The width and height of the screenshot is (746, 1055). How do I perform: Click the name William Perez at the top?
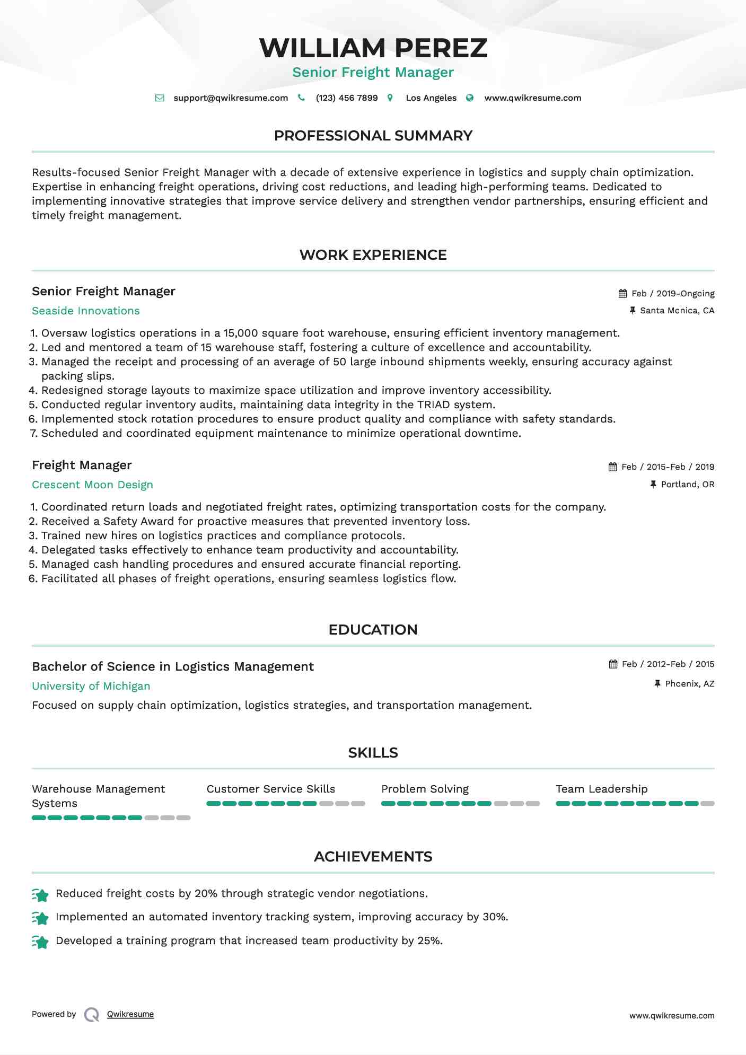[x=373, y=48]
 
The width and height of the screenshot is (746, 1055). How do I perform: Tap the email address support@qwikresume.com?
[x=231, y=98]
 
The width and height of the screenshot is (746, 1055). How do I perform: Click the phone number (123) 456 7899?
[x=347, y=98]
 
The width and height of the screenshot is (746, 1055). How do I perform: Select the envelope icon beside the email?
[x=160, y=98]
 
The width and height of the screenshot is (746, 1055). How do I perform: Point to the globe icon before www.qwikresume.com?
[x=470, y=98]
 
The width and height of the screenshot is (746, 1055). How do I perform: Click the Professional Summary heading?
[x=373, y=136]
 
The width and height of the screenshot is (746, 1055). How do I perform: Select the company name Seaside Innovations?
[x=86, y=311]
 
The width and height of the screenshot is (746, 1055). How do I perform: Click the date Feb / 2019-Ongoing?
[x=673, y=294]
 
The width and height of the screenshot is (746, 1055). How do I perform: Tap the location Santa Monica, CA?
[x=677, y=311]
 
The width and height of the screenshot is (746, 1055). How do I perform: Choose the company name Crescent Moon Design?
[x=92, y=485]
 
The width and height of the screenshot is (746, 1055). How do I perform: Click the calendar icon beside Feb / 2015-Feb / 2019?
[x=613, y=467]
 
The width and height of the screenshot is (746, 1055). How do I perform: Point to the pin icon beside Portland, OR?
[x=653, y=485]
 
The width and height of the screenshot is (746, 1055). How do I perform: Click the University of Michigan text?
[x=91, y=687]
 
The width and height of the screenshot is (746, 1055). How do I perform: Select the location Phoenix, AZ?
[x=690, y=684]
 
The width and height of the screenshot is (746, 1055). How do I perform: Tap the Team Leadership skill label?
[x=601, y=789]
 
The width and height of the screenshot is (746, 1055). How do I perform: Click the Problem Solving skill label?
[x=425, y=789]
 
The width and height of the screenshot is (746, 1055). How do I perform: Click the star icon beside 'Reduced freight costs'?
[x=40, y=895]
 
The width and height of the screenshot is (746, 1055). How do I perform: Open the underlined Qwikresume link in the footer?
[x=130, y=1014]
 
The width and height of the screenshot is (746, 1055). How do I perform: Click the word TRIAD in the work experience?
[x=433, y=405]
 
